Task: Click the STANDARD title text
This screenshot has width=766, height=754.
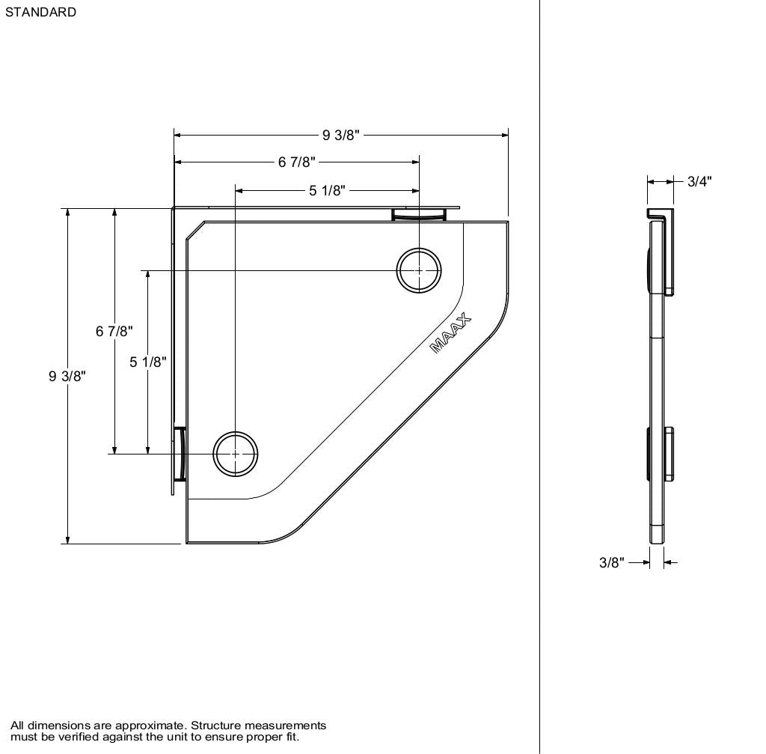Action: point(40,12)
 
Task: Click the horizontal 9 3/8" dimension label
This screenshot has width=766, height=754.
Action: point(341,135)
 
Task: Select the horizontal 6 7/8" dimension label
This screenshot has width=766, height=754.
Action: point(297,162)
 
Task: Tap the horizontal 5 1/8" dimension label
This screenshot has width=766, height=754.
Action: point(328,191)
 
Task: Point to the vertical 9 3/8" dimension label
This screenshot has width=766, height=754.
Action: point(67,376)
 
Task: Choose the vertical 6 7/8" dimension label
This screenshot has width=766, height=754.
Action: point(114,331)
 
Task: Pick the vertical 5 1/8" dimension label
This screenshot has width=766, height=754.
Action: point(147,362)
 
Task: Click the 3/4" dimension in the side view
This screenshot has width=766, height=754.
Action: point(699,181)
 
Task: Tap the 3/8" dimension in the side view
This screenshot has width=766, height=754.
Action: point(611,562)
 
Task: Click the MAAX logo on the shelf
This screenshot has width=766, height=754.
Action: point(451,335)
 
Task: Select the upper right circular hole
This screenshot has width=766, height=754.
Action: point(419,270)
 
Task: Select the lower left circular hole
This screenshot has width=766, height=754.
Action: point(236,454)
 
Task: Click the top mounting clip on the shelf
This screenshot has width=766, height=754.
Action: point(419,215)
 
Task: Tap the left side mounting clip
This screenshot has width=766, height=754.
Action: point(180,454)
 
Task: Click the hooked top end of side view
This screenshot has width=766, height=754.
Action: point(656,215)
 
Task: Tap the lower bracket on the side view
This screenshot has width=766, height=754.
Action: point(669,454)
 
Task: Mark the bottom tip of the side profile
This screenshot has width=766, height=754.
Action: point(656,541)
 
